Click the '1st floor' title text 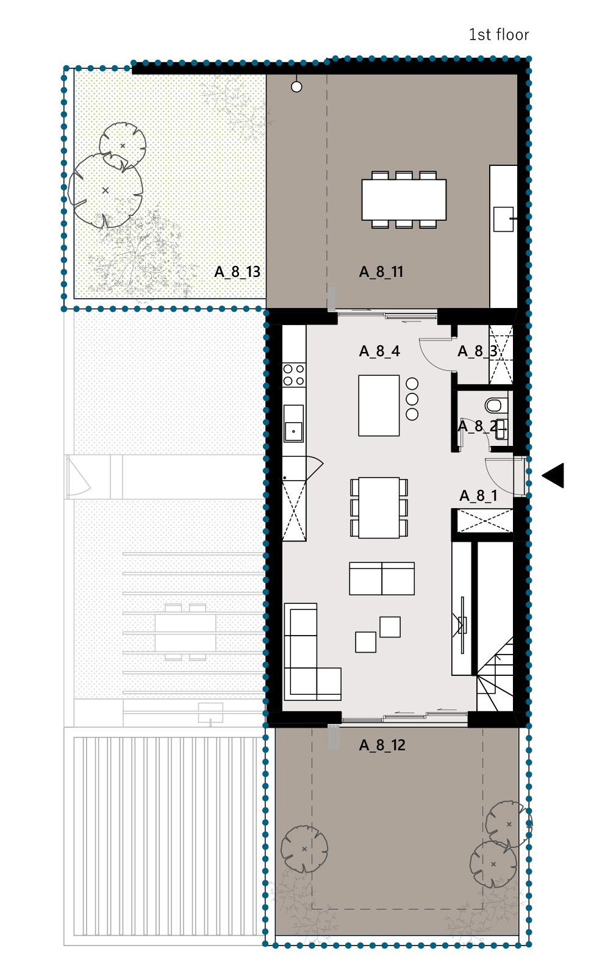[x=499, y=34]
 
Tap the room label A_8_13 [x=237, y=272]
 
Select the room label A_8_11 [x=381, y=272]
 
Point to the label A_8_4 [x=379, y=351]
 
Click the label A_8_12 [x=382, y=745]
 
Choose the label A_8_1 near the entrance [x=479, y=495]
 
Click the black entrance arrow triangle [x=553, y=476]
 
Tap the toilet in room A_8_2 [x=494, y=406]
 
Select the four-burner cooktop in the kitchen [x=294, y=375]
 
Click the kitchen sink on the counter [x=293, y=423]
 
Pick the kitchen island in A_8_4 [x=379, y=406]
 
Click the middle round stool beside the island [x=412, y=399]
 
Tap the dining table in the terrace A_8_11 [x=404, y=199]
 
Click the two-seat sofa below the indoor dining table [x=382, y=578]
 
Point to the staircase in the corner [x=495, y=674]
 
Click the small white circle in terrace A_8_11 [x=296, y=87]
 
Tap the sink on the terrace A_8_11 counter [x=503, y=219]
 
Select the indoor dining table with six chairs [x=379, y=508]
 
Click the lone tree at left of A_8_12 [x=304, y=848]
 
